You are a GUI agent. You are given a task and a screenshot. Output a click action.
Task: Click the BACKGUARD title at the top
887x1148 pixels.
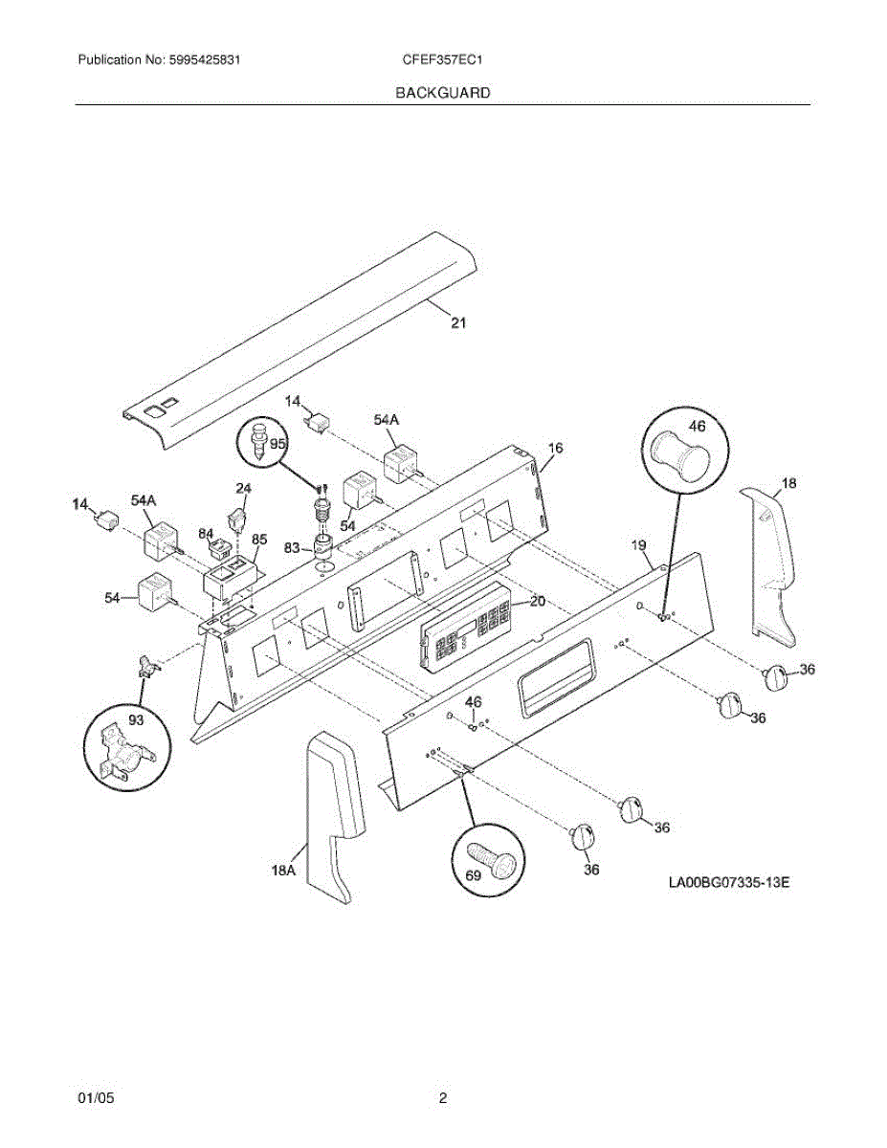443,93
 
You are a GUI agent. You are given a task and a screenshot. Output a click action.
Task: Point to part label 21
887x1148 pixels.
458,323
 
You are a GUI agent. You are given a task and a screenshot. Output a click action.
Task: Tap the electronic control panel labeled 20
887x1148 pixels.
464,629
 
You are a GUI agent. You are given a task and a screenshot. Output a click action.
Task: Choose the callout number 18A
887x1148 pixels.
283,870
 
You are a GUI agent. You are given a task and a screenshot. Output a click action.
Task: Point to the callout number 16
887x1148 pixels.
556,448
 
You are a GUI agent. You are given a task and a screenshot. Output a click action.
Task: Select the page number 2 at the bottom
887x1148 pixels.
443,1098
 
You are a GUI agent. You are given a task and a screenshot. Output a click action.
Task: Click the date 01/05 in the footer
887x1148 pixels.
96,1098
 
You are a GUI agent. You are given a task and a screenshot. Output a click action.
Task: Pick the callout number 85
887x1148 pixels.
259,540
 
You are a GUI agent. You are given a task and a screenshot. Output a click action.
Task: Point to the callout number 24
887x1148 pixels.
243,489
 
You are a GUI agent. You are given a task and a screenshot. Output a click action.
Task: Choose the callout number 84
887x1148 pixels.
206,533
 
